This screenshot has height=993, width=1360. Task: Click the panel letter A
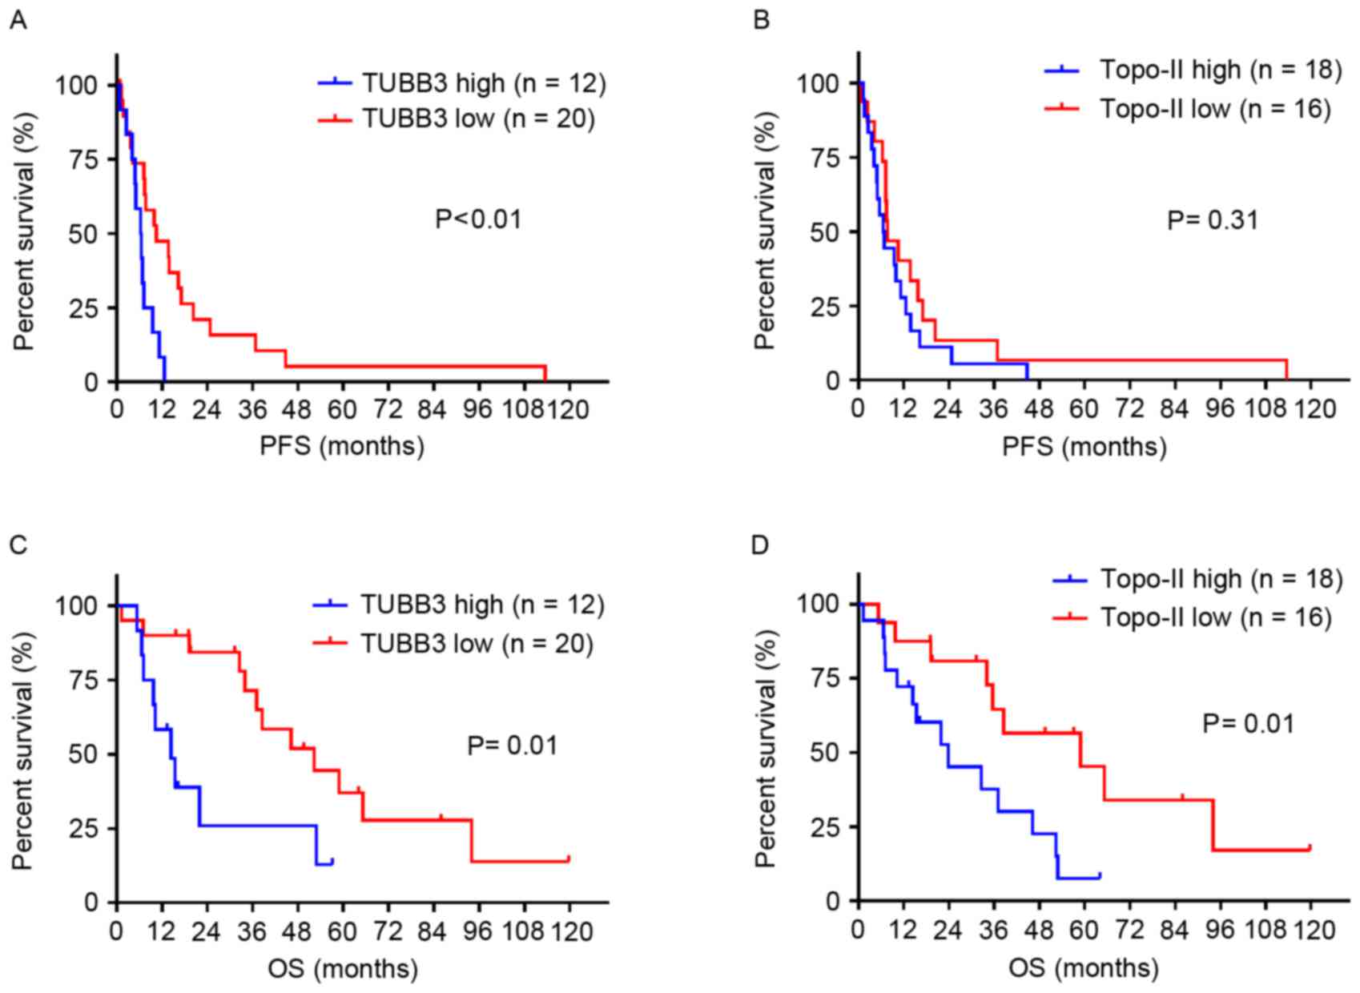click(x=18, y=20)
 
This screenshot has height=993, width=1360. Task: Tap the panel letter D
click(x=759, y=545)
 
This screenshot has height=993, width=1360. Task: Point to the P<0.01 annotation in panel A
click(x=478, y=219)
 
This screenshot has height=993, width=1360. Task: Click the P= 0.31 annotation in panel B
click(x=1213, y=219)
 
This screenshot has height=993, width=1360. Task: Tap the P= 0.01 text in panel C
click(x=512, y=746)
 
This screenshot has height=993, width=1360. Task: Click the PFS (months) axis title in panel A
click(x=342, y=446)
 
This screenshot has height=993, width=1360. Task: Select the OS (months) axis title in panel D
click(x=1083, y=968)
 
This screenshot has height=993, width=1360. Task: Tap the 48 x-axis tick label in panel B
click(x=1039, y=409)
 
